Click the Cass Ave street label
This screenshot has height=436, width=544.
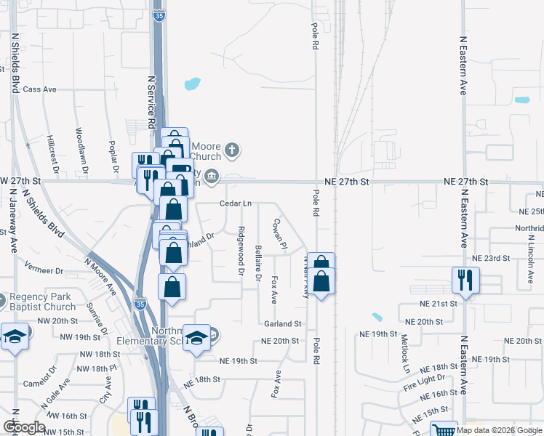39,89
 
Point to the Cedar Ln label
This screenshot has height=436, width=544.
236,203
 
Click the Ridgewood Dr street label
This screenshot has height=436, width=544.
240,251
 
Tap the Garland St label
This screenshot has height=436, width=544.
283,324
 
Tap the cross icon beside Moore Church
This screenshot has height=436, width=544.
232,150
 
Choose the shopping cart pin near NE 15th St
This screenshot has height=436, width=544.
443,430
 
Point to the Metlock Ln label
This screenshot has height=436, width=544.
405,352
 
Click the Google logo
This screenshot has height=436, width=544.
24,427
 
